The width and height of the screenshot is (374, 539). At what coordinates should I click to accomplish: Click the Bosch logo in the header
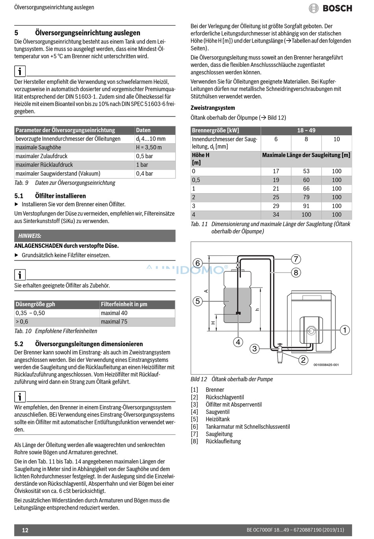point(330,8)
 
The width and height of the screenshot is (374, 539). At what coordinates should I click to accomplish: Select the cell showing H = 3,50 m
point(149,148)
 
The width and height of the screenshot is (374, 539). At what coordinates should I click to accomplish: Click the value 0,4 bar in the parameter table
point(144,174)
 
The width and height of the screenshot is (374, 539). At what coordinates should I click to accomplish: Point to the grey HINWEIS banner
point(94,236)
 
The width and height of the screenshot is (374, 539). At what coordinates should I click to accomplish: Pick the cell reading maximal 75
point(114,322)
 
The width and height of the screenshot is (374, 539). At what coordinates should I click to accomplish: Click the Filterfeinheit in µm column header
point(124,304)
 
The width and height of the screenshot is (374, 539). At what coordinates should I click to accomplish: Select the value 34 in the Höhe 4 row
point(276,215)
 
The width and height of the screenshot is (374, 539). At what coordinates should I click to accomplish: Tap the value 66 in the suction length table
point(306,189)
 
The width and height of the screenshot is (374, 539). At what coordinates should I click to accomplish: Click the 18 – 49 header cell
point(306,131)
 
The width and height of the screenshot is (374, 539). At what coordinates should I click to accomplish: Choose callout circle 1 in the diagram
point(344,330)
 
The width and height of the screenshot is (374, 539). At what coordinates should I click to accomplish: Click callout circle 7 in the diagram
point(296,259)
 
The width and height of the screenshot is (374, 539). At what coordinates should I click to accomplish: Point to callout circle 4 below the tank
point(238,342)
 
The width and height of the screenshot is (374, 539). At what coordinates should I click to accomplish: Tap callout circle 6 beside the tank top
point(198,263)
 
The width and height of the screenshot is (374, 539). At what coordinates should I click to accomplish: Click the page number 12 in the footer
point(25,530)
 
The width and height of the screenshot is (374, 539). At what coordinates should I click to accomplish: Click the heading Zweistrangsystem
point(213,108)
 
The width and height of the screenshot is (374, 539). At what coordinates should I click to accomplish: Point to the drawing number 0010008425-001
point(326,365)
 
